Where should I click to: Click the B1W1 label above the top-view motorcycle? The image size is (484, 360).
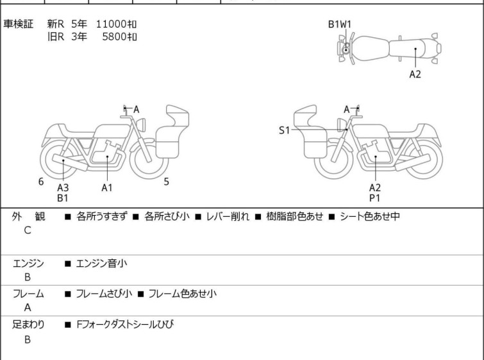[340, 24]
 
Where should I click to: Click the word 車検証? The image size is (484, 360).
[19, 24]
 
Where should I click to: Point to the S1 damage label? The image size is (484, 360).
[284, 130]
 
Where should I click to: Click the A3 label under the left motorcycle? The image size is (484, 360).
[63, 187]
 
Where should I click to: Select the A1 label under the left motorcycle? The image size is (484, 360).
[107, 187]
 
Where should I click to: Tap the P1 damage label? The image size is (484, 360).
[375, 198]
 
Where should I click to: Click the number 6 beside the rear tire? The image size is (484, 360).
[41, 182]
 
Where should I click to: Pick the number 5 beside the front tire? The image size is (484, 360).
[166, 182]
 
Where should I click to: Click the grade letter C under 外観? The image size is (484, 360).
[28, 230]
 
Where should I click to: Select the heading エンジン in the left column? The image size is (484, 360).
[28, 262]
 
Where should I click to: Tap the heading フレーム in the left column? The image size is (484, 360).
[28, 294]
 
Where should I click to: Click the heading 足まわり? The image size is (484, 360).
[28, 325]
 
